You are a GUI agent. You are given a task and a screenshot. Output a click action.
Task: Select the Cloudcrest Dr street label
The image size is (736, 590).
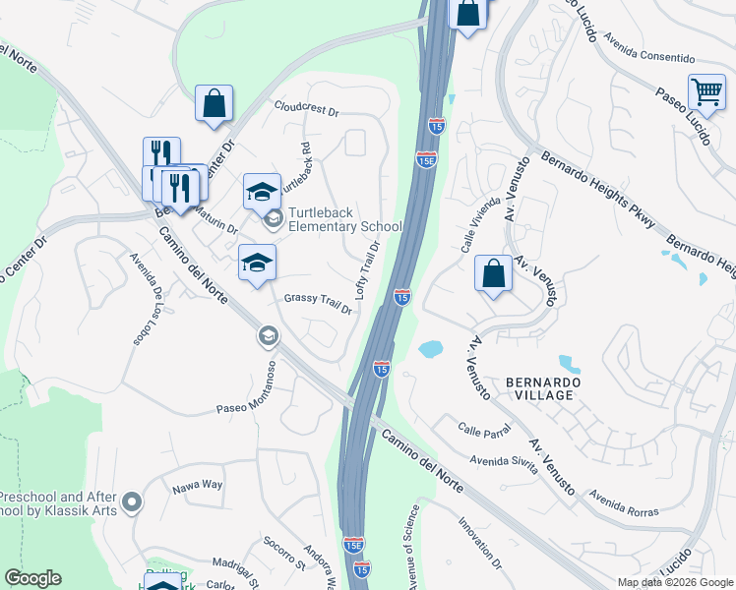tap(306, 109)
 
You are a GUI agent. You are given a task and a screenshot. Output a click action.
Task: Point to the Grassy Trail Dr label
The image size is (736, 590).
tap(318, 303)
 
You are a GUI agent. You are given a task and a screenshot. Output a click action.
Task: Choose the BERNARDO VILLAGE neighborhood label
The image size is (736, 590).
tap(537, 387)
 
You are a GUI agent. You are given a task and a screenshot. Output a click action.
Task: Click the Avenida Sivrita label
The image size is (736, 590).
tap(503, 462)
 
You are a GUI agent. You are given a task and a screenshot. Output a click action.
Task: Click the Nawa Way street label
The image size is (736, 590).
tap(197, 485)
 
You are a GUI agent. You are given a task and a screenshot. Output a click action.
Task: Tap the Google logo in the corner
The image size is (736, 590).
tap(32, 578)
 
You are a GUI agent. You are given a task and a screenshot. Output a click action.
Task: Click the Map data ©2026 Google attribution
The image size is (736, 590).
tap(674, 582)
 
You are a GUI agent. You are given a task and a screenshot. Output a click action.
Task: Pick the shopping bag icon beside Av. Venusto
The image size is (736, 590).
tap(492, 274)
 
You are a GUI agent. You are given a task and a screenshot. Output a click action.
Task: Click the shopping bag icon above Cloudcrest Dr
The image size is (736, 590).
tap(214, 102)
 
